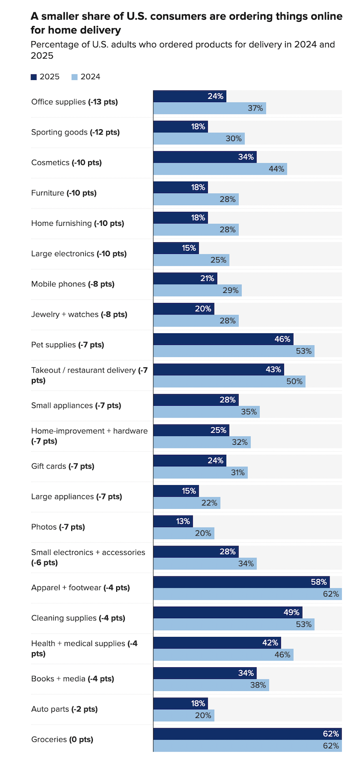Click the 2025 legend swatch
34,77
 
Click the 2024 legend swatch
75,77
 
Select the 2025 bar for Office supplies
189,96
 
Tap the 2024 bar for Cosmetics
220,169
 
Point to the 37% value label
255,108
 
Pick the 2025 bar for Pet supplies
223,339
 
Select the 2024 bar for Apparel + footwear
247,594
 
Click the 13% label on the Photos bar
183,522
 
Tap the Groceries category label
62,739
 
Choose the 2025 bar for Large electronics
176,248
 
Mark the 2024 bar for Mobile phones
197,291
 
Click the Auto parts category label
65,709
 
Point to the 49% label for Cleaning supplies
292,612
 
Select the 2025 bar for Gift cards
189,461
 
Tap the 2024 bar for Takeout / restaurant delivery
229,381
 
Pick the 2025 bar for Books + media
205,673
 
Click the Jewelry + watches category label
79,314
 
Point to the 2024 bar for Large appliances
187,503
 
